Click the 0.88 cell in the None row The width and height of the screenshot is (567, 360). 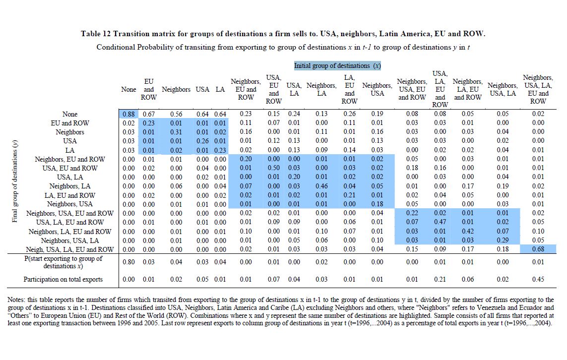pyautogui.click(x=128, y=114)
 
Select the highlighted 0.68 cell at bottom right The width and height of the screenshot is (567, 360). pyautogui.click(x=538, y=249)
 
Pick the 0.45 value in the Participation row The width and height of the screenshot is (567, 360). pyautogui.click(x=538, y=280)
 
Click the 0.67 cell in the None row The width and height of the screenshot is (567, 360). pyautogui.click(x=149, y=114)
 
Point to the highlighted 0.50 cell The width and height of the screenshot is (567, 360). pyautogui.click(x=274, y=168)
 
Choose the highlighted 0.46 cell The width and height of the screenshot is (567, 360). pyautogui.click(x=321, y=186)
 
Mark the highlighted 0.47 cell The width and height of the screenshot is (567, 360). pyautogui.click(x=440, y=222)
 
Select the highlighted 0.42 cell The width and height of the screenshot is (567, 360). pyautogui.click(x=467, y=231)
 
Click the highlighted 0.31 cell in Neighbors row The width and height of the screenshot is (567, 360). pyautogui.click(x=176, y=132)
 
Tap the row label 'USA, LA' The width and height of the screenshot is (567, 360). pyautogui.click(x=70, y=177)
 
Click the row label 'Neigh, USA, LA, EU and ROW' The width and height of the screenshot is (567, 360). pyautogui.click(x=70, y=249)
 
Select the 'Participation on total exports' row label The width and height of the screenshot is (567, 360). pyautogui.click(x=63, y=280)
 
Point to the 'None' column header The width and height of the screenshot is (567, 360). pyautogui.click(x=128, y=90)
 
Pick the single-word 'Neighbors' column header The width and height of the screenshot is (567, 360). pyautogui.click(x=176, y=90)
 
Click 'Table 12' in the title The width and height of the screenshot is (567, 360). pyautogui.click(x=96, y=34)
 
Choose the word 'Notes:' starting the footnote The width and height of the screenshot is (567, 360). pyautogui.click(x=18, y=300)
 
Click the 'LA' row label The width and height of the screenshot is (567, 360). pyautogui.click(x=70, y=150)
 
